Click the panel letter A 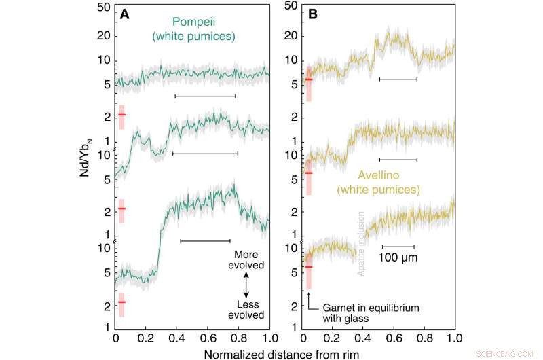125,14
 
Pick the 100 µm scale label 398,258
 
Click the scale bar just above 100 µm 398,247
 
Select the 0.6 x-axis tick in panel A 208,338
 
